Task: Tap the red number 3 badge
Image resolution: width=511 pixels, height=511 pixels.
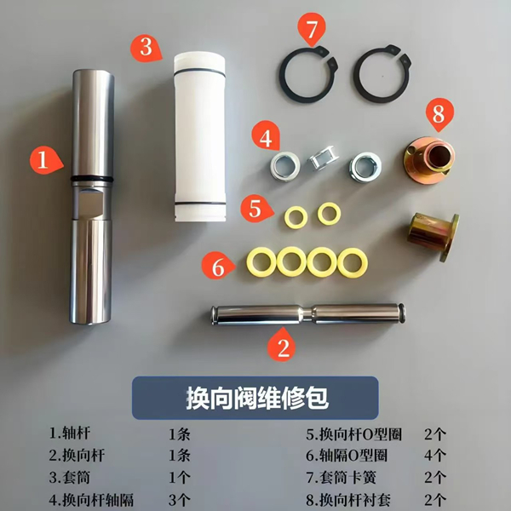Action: click(x=146, y=46)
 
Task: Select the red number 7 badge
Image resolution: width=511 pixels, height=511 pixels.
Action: click(x=312, y=32)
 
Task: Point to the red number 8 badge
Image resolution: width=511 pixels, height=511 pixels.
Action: click(x=439, y=112)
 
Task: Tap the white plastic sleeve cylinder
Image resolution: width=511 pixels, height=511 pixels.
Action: click(x=200, y=136)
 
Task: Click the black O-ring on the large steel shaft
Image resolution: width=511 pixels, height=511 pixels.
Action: click(x=89, y=177)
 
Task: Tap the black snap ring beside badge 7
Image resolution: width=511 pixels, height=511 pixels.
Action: click(x=306, y=77)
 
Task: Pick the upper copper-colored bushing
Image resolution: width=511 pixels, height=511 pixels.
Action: click(x=428, y=157)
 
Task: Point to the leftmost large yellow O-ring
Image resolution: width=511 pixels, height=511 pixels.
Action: click(x=260, y=262)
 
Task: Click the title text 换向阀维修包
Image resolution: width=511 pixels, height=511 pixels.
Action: click(x=256, y=399)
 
